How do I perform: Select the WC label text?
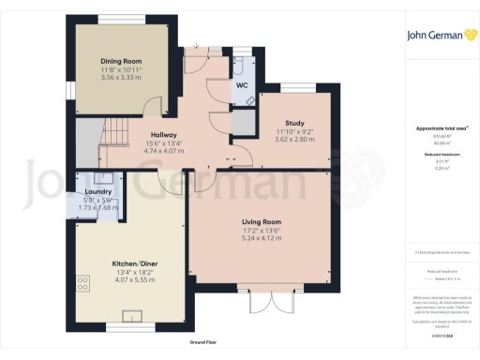click(x=241, y=85)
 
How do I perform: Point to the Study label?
click(x=293, y=122)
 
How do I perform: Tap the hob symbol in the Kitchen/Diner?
click(x=82, y=280)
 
